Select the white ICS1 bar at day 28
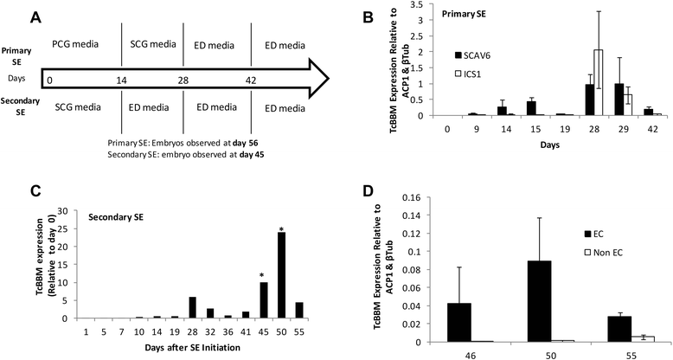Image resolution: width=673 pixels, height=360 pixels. coord(574,82)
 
